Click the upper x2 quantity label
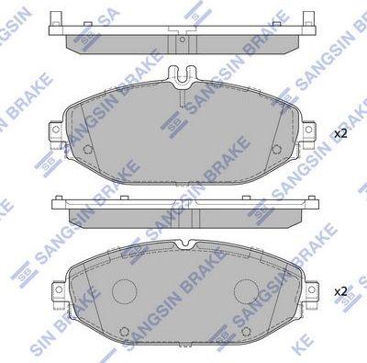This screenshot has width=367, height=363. pyautogui.click(x=339, y=134)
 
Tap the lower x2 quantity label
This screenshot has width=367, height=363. pyautogui.click(x=339, y=291)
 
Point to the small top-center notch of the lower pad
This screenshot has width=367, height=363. pyautogui.click(x=183, y=244)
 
